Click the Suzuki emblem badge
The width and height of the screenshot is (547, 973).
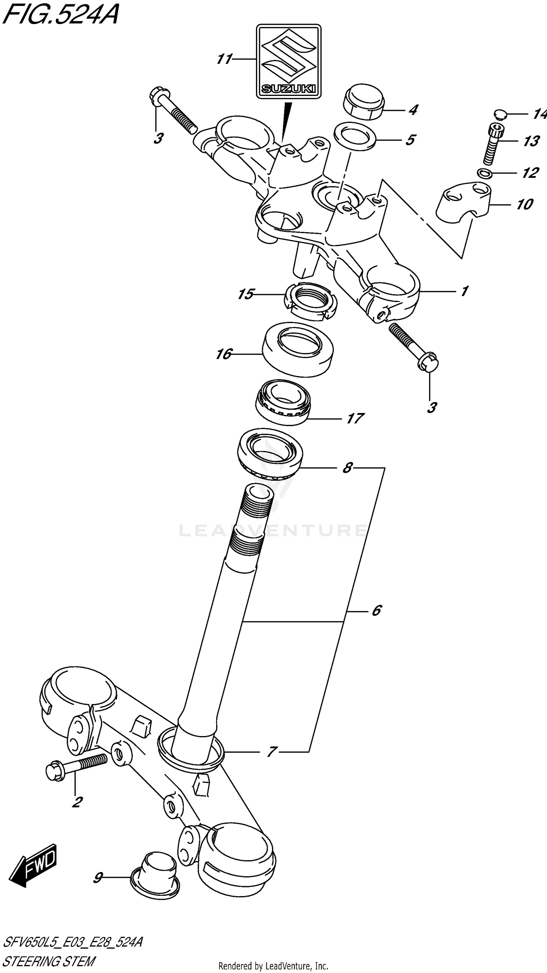[x=288, y=61]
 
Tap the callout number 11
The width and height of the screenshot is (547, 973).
[x=224, y=59]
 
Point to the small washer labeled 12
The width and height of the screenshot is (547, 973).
[x=485, y=174]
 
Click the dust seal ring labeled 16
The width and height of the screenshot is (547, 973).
[x=298, y=349]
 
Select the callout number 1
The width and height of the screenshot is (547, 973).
[x=464, y=291]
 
